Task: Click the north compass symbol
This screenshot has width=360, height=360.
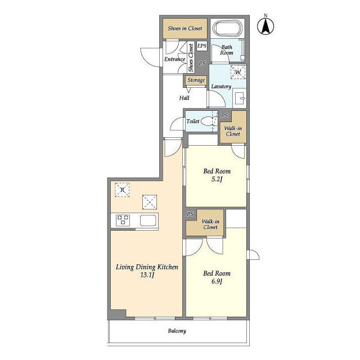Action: (265, 26)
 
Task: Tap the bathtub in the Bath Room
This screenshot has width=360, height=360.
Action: (227, 28)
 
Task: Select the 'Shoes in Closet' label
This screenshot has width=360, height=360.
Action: (185, 28)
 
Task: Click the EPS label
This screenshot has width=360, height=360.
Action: (202, 47)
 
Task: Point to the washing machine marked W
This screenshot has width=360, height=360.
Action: (238, 72)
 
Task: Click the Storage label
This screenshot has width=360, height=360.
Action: (196, 80)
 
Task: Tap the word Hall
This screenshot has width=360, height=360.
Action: (184, 98)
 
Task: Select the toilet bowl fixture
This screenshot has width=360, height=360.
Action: (208, 121)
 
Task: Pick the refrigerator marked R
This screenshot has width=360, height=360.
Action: (121, 190)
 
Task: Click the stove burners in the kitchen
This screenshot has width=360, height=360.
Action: (123, 220)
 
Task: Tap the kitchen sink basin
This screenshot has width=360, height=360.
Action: (148, 220)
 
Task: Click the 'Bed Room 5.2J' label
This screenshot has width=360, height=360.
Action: (217, 175)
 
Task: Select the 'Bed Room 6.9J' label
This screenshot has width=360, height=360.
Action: (217, 277)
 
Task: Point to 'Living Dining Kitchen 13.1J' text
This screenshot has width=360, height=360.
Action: (147, 271)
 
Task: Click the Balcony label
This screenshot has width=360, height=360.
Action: (177, 331)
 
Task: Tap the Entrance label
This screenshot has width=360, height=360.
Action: (174, 59)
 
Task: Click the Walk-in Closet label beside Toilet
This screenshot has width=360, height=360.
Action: (232, 130)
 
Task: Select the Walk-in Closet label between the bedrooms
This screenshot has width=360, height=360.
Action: (210, 224)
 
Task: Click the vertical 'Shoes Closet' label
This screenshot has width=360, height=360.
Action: (191, 58)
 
